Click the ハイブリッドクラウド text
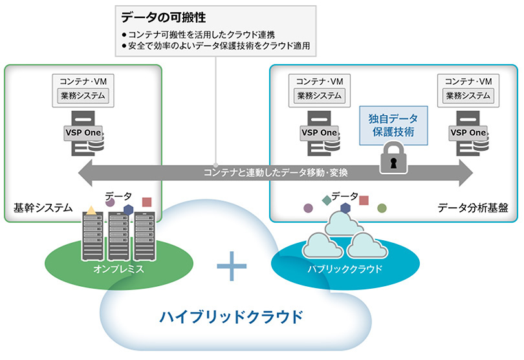[231, 318]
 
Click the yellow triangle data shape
[92, 210]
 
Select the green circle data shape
[382, 208]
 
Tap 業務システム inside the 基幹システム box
[83, 96]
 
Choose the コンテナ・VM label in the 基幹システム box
[83, 81]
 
